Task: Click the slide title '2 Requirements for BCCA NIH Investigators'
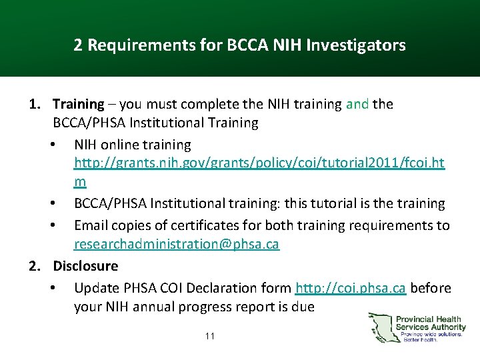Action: (239, 45)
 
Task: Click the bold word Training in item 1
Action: (78, 105)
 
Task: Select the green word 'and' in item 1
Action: (357, 105)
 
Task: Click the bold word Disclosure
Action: (85, 266)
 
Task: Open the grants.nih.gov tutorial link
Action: (259, 163)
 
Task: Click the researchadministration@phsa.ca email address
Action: (176, 245)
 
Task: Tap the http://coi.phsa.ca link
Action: (351, 288)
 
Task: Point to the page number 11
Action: (210, 336)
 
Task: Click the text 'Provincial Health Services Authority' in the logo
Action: (431, 323)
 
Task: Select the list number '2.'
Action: (36, 266)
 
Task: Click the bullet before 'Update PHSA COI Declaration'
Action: (53, 288)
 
